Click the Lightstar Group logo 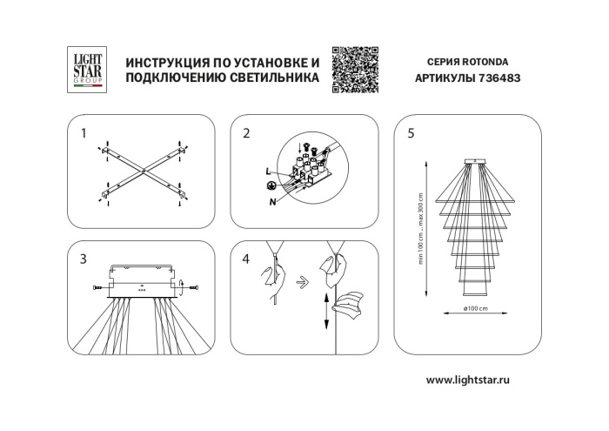(86, 69)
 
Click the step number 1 (84, 134)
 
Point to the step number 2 (246, 134)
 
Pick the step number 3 (84, 259)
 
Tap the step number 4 (246, 259)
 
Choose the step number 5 (411, 134)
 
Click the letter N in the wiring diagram (274, 202)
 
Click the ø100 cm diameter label (474, 308)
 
